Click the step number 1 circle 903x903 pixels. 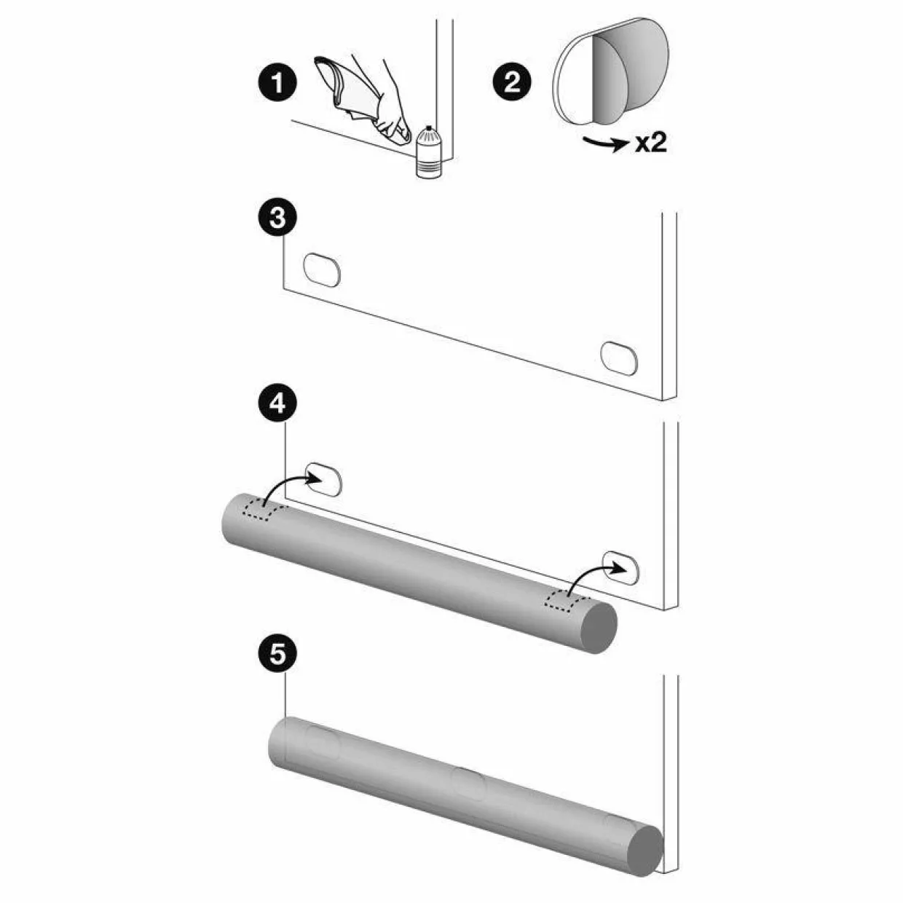[x=278, y=83]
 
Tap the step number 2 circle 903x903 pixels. [x=512, y=83]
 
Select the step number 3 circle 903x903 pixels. [x=278, y=218]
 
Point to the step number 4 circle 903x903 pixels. [x=278, y=403]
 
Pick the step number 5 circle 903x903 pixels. [x=278, y=653]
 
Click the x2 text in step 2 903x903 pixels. [x=651, y=143]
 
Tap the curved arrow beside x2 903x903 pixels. [x=604, y=143]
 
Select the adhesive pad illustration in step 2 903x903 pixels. [x=610, y=71]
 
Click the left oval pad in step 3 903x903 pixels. [x=322, y=270]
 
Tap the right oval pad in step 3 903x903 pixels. [x=619, y=358]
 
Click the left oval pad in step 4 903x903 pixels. [x=323, y=479]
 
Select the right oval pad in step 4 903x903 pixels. [x=620, y=568]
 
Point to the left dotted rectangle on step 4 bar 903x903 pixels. [x=264, y=511]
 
